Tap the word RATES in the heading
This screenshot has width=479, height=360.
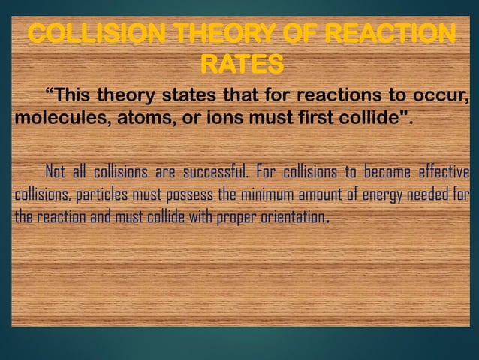coord(242,65)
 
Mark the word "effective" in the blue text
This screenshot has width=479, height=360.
coord(440,171)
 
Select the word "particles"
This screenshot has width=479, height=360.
coord(101,196)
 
